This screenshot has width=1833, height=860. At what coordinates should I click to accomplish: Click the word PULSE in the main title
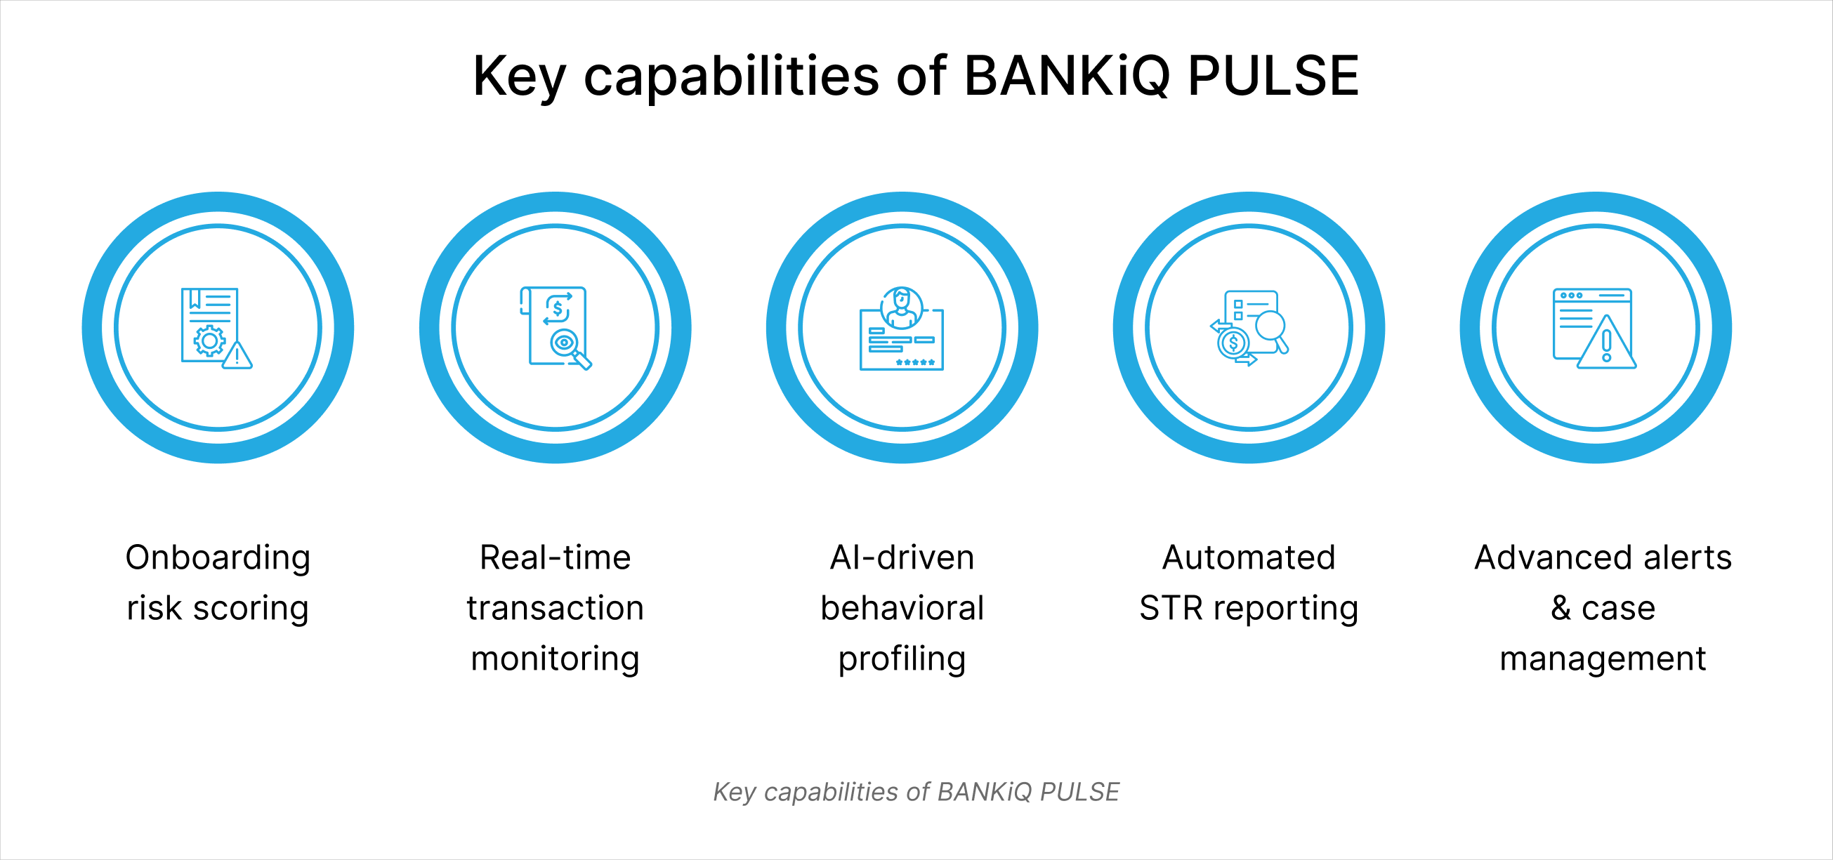[1274, 75]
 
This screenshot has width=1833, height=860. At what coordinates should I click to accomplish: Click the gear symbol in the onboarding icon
[210, 340]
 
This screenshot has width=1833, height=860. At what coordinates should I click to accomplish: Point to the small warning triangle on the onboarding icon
[237, 355]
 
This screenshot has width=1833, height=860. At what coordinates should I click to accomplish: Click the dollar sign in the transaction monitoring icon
[558, 309]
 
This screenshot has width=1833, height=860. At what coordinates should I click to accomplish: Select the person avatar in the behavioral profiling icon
[902, 307]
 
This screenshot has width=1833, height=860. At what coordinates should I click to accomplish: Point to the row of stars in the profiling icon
[915, 362]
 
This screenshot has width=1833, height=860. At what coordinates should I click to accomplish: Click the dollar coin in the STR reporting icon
[1233, 343]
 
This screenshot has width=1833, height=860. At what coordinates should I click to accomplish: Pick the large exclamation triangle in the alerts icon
[1607, 342]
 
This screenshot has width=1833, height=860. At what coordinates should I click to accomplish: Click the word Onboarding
[218, 558]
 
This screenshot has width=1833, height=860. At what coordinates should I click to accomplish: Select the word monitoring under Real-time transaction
[555, 659]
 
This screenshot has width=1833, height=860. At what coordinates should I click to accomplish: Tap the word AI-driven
[902, 557]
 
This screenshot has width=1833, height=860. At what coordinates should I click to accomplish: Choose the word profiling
[902, 659]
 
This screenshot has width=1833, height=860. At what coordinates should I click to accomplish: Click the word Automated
[1249, 557]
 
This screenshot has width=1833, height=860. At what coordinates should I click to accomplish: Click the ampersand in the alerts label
[1561, 608]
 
